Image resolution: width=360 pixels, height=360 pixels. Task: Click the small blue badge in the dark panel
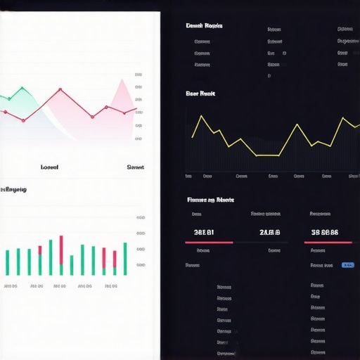[x=347, y=265]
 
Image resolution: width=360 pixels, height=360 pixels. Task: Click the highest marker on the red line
[x=60, y=89]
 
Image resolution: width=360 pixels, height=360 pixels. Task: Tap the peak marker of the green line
[x=23, y=88]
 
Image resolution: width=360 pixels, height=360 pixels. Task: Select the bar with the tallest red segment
[x=61, y=255]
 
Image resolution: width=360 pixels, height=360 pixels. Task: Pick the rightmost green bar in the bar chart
[x=125, y=259]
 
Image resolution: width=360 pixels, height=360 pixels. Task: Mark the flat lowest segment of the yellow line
[x=267, y=155]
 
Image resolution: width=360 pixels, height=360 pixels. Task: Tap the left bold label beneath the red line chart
[x=49, y=167]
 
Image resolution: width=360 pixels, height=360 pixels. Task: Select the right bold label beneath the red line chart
[x=135, y=167]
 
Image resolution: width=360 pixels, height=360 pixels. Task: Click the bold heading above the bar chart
[x=14, y=189]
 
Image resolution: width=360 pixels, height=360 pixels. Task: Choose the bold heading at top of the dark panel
[x=204, y=25]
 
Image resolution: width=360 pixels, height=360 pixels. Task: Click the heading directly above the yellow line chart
[x=200, y=93]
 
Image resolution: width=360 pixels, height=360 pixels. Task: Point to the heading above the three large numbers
[x=210, y=200]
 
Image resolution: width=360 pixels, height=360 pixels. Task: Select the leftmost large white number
[x=204, y=232]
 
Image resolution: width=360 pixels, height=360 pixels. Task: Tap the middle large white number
[x=270, y=232]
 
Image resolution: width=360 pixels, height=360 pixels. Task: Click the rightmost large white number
[x=325, y=232]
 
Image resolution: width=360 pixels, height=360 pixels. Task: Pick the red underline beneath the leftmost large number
[x=208, y=243]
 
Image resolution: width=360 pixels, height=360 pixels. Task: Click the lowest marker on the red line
[x=23, y=120]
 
